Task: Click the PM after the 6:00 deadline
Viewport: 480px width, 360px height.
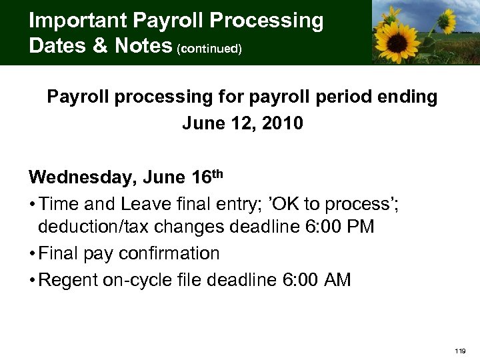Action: (x=360, y=227)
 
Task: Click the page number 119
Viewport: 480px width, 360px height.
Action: (x=460, y=350)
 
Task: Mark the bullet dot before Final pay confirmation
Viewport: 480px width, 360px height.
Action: (x=32, y=254)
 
